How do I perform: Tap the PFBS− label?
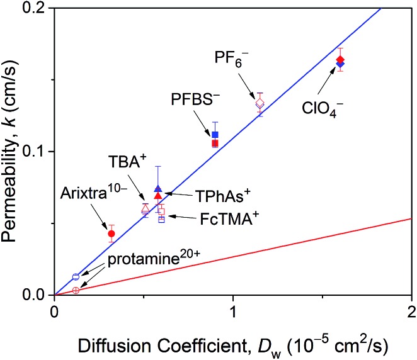click(193, 101)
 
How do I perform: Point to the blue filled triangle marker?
click(158, 189)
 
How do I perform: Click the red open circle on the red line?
click(76, 290)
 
